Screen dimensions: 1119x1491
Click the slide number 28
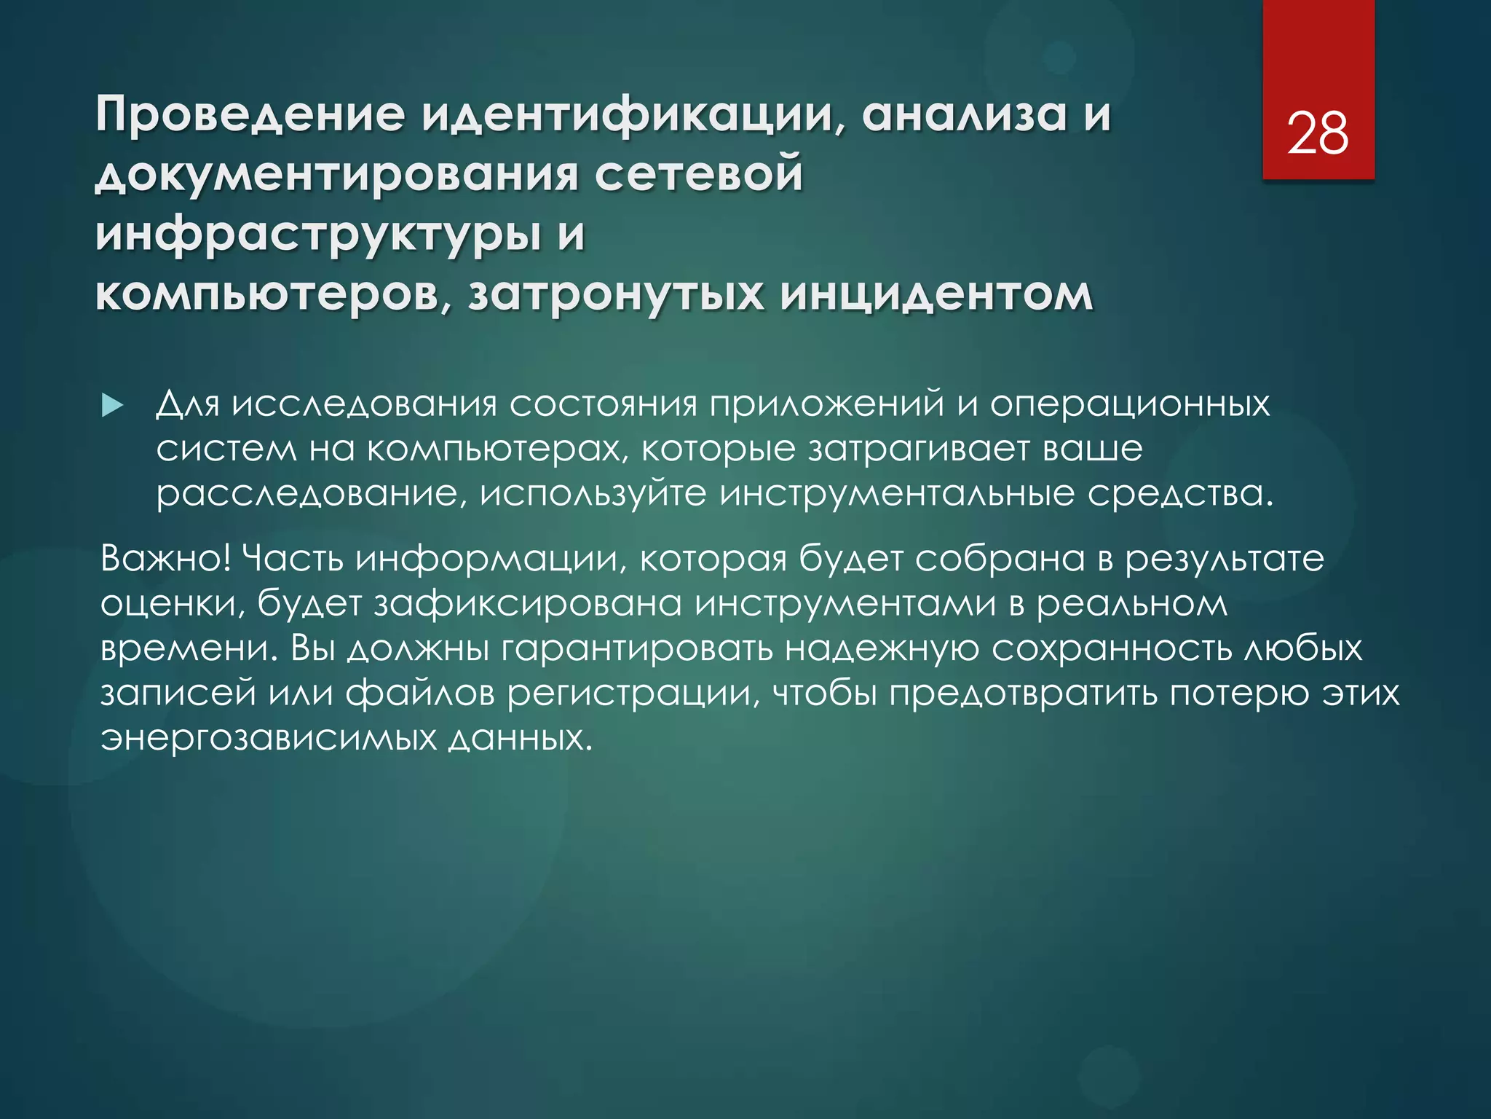(1318, 134)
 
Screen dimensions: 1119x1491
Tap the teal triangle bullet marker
(112, 406)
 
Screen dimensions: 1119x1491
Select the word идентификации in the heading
(630, 114)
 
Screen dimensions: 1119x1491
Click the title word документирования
(336, 175)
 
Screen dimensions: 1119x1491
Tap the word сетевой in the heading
(700, 175)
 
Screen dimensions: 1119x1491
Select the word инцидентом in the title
(936, 294)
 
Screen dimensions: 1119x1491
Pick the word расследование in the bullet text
(306, 494)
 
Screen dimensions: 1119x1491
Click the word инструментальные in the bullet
(897, 494)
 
